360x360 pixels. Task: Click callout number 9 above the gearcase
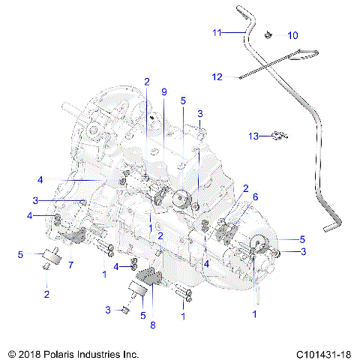pyautogui.click(x=163, y=91)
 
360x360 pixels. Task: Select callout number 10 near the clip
pyautogui.click(x=292, y=35)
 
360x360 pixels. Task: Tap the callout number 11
pyautogui.click(x=217, y=32)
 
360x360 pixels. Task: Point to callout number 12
pyautogui.click(x=217, y=77)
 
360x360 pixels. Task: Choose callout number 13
pyautogui.click(x=255, y=136)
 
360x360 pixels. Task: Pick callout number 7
pyautogui.click(x=70, y=265)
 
